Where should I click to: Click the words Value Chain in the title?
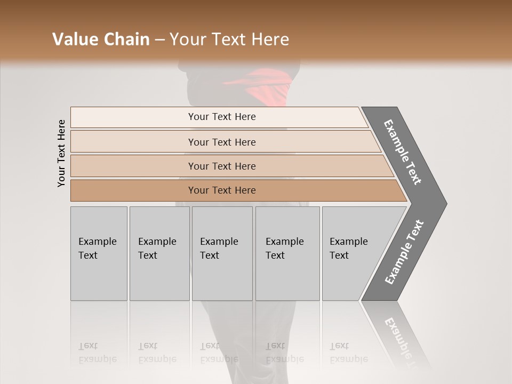pos(101,39)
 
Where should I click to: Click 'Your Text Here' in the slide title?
pos(229,39)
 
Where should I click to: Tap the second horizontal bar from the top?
pos(221,142)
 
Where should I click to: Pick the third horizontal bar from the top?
pos(221,166)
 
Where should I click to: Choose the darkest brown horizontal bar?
pos(221,190)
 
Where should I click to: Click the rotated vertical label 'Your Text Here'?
pos(61,153)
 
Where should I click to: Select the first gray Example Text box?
pos(99,253)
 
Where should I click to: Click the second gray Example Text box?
pos(159,253)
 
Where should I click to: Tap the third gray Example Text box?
pos(222,253)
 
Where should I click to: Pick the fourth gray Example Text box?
pos(287,253)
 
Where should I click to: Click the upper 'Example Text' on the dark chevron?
pos(403,152)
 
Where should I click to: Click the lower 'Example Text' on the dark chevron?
pos(404,252)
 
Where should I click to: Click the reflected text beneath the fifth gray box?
pos(348,352)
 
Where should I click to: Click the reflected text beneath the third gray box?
pos(219,352)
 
